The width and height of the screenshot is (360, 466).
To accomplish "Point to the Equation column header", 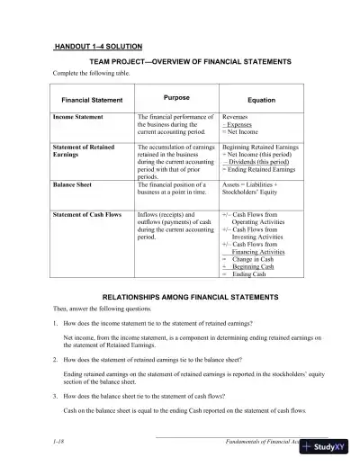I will click(261, 99).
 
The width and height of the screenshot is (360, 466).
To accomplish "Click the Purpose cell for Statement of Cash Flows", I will click(171, 223).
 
